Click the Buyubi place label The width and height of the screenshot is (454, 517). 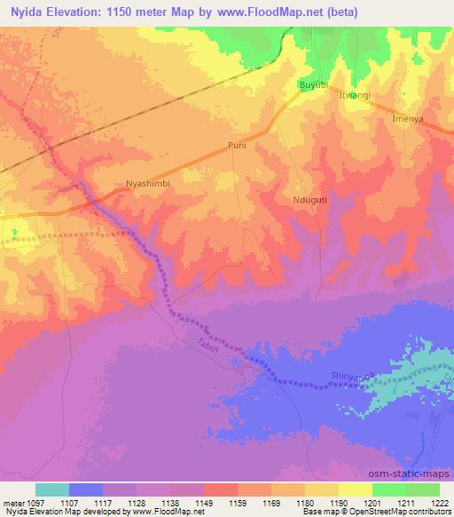(x=313, y=84)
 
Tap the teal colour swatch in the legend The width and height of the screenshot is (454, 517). (x=52, y=489)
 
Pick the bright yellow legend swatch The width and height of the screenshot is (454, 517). (x=356, y=489)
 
